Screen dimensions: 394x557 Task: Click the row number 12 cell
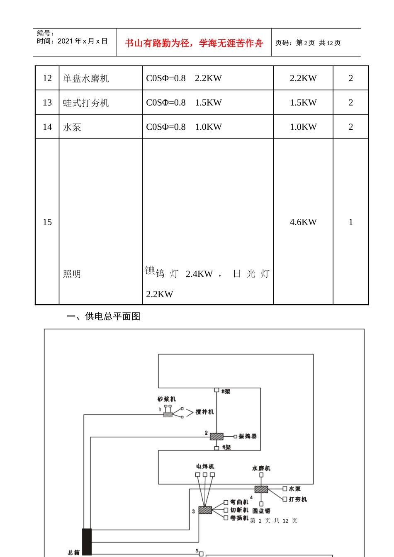(47, 78)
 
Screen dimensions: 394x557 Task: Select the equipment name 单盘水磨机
(86, 79)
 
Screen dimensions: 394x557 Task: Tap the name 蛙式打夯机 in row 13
(86, 103)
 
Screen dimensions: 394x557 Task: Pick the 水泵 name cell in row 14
(72, 127)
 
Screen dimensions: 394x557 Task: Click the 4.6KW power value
(303, 222)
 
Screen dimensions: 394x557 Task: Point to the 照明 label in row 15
(72, 274)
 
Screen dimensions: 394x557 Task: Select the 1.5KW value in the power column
(303, 103)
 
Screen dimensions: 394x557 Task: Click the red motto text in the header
(194, 43)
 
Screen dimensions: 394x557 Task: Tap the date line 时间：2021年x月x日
(72, 41)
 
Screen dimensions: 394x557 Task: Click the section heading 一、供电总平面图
(104, 317)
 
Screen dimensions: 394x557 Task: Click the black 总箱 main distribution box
(87, 542)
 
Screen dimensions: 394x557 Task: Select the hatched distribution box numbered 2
(216, 436)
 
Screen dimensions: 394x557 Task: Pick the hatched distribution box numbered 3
(205, 510)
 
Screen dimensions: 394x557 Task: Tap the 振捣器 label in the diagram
(248, 436)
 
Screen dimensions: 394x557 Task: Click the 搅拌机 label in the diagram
(205, 412)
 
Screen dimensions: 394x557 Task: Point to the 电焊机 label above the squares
(205, 467)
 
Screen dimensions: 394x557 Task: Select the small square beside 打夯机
(285, 499)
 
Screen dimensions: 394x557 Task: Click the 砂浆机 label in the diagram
(167, 399)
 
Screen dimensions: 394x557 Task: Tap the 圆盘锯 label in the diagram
(262, 511)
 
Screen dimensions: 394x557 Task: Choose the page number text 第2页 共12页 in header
(308, 43)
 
